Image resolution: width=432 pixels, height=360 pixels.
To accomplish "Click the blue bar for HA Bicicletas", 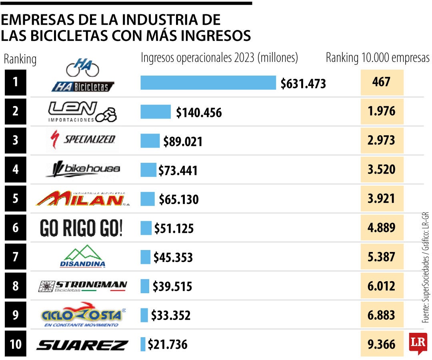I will pos(208,83).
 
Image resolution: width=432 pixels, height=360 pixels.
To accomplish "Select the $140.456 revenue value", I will pos(199,113).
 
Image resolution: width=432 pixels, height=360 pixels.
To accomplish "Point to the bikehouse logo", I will pos(83,170).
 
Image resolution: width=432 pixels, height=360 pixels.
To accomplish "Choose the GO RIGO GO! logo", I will pos(81,228).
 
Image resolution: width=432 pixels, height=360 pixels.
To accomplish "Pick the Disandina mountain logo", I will pos(82,256).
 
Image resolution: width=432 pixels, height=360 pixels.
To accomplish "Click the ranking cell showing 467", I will pos(382,82).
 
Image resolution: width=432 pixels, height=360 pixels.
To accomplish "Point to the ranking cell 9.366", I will pos(382,344).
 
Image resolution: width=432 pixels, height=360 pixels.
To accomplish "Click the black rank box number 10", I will pos(15,344).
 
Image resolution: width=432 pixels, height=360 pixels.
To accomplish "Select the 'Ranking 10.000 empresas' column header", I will pos(378,58).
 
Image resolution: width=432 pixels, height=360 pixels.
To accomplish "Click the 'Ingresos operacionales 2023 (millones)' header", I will pos(219,58).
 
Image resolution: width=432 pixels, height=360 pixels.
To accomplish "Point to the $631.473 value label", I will pos(303,84).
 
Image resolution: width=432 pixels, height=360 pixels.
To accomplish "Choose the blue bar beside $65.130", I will pos(148,199).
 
